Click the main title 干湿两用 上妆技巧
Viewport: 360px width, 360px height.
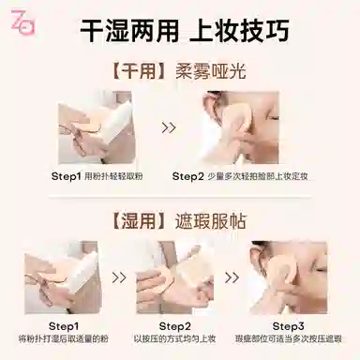pos(185,30)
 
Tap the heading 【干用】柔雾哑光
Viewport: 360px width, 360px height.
pos(179,71)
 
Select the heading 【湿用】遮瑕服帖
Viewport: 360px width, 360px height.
pos(179,221)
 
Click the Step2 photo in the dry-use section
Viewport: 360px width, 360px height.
pos(240,127)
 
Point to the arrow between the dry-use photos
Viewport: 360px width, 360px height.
pos(169,127)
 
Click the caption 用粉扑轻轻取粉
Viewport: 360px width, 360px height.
pos(113,176)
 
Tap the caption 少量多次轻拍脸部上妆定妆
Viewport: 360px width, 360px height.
pos(258,176)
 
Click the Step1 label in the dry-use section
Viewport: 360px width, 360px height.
pos(67,176)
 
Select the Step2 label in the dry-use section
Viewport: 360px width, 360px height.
pos(188,176)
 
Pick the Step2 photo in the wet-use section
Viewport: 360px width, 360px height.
pos(175,277)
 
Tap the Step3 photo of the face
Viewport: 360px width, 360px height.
pos(288,277)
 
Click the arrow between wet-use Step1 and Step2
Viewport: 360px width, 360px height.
pos(119,277)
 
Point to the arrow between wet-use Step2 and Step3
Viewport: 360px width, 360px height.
pos(232,277)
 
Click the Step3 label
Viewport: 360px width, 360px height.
pos(288,326)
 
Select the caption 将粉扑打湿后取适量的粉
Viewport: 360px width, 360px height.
pos(64,338)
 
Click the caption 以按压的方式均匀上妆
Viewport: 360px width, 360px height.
pos(175,338)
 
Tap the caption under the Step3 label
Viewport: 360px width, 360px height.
pos(288,338)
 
